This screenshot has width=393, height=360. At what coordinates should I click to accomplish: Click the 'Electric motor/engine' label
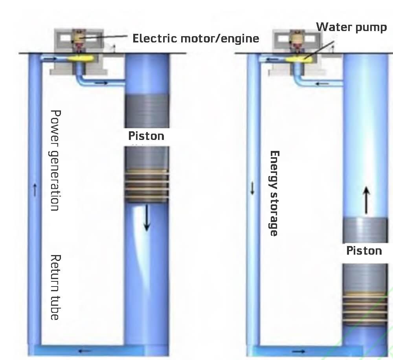click(x=196, y=39)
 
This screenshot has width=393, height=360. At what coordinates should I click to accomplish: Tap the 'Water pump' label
click(x=351, y=27)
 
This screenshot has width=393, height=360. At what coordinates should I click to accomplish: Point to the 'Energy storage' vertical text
click(x=274, y=193)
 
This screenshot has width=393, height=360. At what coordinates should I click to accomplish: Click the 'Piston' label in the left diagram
click(x=146, y=136)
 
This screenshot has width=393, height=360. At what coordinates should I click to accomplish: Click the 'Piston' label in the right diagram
click(x=364, y=251)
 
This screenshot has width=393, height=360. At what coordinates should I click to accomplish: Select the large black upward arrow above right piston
click(x=366, y=200)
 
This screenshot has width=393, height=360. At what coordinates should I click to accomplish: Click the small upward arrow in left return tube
click(x=35, y=191)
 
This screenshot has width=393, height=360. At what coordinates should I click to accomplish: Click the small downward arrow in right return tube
click(x=252, y=189)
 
